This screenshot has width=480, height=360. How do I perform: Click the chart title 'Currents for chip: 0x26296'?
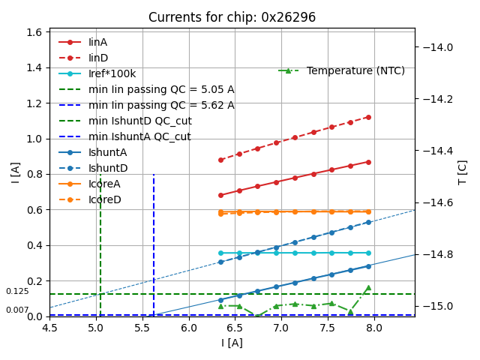[232, 17]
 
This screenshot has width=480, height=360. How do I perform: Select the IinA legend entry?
[97, 43]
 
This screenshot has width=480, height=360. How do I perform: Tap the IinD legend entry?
[97, 58]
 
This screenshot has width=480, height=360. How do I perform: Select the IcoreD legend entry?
[104, 200]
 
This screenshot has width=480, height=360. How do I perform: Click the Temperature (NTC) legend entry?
[355, 70]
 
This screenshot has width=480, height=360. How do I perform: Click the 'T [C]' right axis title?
[463, 172]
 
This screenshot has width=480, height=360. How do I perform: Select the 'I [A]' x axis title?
[232, 343]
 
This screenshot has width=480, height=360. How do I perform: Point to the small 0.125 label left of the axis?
[17, 291]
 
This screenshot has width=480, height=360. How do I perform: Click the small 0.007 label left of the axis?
[17, 310]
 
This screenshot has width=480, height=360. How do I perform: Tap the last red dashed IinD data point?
[368, 117]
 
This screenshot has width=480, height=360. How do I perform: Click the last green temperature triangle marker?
[368, 287]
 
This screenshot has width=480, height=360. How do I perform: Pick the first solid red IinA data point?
[220, 195]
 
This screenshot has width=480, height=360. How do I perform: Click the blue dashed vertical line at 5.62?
[154, 240]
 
